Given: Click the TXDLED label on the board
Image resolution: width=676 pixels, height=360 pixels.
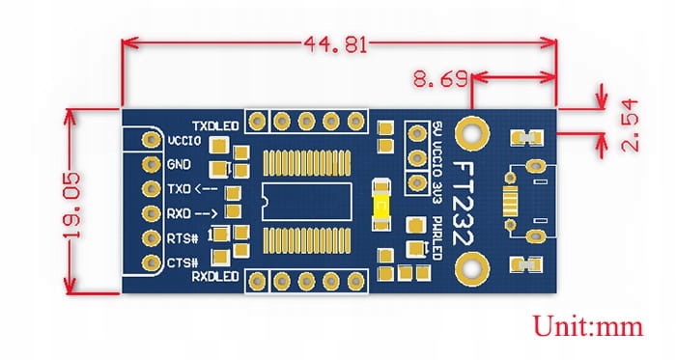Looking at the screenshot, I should click(x=215, y=125).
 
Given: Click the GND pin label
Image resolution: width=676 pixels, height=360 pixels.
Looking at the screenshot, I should click(x=179, y=165).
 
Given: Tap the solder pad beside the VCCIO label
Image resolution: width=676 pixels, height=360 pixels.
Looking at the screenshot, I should click(x=150, y=141).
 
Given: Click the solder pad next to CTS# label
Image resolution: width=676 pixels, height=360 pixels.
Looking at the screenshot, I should click(x=150, y=263).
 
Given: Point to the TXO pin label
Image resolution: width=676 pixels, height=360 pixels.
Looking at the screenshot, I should click(x=185, y=189).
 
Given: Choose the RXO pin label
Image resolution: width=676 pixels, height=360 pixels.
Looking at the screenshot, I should click(x=185, y=214).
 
